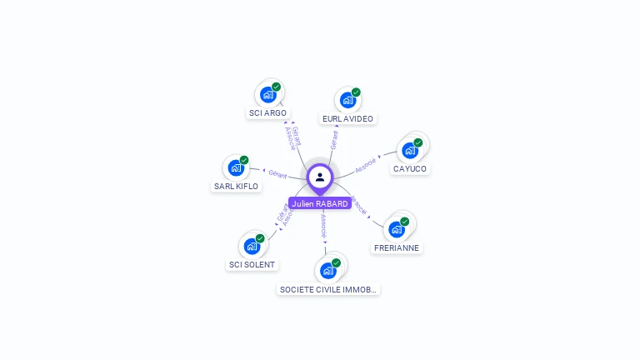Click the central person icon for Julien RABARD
(x=320, y=177)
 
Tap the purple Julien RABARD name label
(x=320, y=203)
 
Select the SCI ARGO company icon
(x=267, y=94)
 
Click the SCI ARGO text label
(x=267, y=112)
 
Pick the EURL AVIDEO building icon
(x=347, y=100)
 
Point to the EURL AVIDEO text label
(x=347, y=118)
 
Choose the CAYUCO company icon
(x=409, y=150)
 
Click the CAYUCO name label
(x=410, y=168)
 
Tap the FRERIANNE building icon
(x=396, y=229)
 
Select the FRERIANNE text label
(x=397, y=247)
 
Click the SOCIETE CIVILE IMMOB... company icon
(x=327, y=271)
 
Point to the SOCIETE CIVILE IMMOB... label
(x=328, y=289)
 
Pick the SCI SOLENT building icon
(x=252, y=246)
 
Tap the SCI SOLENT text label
(x=252, y=264)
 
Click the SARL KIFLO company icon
(x=236, y=167)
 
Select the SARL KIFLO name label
(x=236, y=186)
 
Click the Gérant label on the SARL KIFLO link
(x=277, y=174)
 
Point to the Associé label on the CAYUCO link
(x=366, y=164)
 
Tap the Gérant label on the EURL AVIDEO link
(x=334, y=139)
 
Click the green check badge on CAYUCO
(x=418, y=142)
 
